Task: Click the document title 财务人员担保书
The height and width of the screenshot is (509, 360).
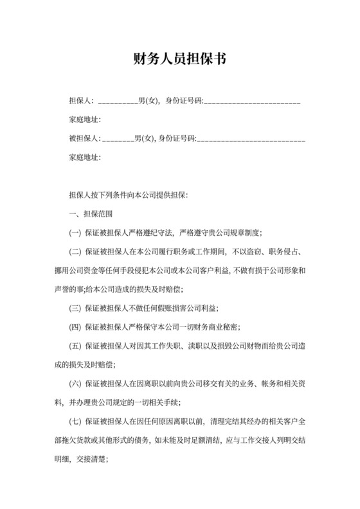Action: tap(180, 59)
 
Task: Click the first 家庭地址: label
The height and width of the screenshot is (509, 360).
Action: tap(84, 120)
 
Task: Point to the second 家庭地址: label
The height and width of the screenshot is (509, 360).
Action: tap(84, 156)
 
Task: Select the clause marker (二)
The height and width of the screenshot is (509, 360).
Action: tap(75, 252)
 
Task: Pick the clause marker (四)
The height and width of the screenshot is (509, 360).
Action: tap(75, 327)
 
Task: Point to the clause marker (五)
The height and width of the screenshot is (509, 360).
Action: tap(75, 346)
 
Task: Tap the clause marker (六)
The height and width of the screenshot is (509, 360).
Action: tap(75, 384)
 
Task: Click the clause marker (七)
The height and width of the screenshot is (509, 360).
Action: tap(75, 422)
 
